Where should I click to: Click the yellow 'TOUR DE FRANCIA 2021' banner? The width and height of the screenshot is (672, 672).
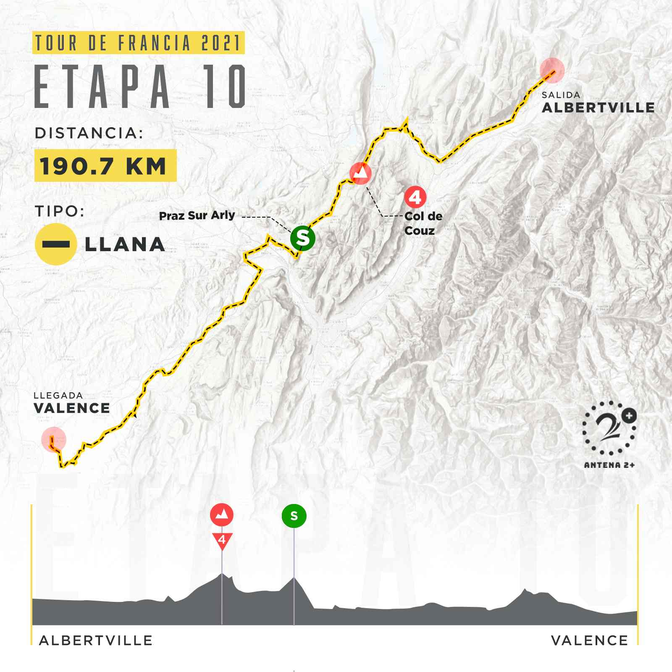click(138, 43)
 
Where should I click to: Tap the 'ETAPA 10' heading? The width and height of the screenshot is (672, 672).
click(140, 87)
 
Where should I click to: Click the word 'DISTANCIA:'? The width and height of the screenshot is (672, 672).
click(89, 133)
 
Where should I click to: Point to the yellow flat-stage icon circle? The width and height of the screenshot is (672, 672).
click(55, 244)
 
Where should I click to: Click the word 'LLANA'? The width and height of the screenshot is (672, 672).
click(125, 244)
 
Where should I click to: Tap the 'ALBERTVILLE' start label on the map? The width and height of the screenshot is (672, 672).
click(598, 108)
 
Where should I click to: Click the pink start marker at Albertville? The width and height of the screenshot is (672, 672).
click(552, 70)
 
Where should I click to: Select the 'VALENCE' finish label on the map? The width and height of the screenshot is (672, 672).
click(72, 408)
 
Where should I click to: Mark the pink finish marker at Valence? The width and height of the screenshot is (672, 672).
click(54, 439)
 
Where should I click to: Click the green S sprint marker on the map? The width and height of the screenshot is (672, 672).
click(302, 238)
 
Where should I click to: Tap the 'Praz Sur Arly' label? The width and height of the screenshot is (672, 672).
click(197, 216)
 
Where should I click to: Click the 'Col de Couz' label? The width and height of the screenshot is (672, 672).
click(423, 223)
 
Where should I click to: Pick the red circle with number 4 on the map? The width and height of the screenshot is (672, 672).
click(415, 197)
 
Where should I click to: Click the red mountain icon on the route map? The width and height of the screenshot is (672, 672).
click(360, 173)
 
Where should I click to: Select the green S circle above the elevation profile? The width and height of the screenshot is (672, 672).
click(294, 516)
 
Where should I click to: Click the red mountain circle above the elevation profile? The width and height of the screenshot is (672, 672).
click(222, 514)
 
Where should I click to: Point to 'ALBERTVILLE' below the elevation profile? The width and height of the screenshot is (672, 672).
click(96, 640)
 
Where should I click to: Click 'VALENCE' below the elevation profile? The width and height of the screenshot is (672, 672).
click(589, 640)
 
